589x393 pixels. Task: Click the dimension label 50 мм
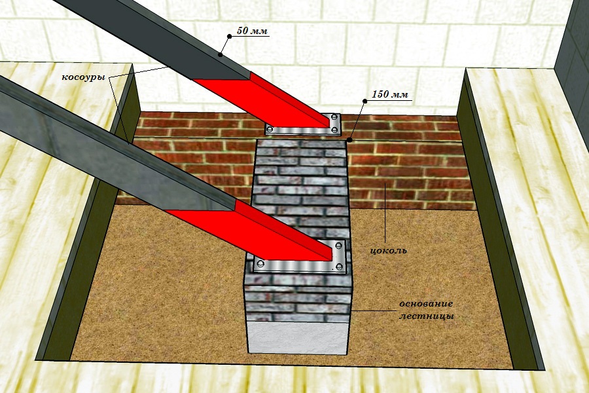tap(253, 31)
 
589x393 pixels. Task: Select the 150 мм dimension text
tap(390, 94)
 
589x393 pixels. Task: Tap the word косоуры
tap(83, 77)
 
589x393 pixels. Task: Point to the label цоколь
tap(388, 250)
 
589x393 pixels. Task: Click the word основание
tap(426, 303)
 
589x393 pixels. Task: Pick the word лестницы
tap(426, 316)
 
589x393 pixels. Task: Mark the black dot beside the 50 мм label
tap(229, 37)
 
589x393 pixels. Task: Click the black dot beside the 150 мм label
tap(365, 101)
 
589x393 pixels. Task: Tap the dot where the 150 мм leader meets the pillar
tap(349, 140)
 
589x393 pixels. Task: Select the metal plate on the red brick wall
tap(303, 124)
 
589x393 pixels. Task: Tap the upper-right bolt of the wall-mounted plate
tap(334, 118)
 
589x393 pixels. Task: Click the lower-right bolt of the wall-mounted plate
tap(334, 130)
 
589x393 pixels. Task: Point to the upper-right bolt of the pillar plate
tap(338, 246)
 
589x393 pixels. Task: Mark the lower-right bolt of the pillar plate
tap(339, 267)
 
